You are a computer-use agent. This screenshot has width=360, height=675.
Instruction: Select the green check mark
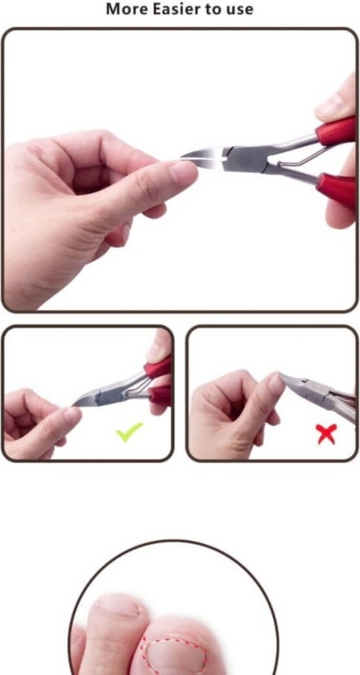click(x=129, y=432)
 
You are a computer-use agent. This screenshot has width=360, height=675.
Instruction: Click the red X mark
click(x=326, y=434)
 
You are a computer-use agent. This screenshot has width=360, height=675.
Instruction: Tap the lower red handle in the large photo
click(x=337, y=189)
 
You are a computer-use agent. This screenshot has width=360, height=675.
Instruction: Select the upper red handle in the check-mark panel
click(x=158, y=368)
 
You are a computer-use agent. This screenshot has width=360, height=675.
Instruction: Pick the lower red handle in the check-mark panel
click(x=160, y=395)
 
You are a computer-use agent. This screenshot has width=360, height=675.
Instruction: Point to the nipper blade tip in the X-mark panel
click(x=282, y=376)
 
